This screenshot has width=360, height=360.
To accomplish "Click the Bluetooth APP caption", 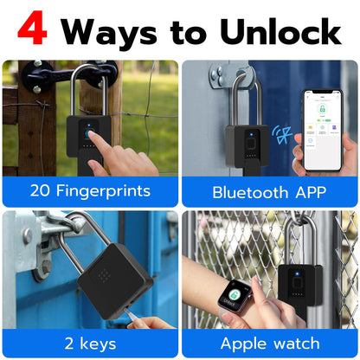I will point(269,191).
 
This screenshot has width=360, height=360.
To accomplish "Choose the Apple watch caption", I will point(268,343).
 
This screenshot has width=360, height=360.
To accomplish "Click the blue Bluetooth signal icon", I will point(280,135).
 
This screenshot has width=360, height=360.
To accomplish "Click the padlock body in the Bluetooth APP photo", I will point(247,146).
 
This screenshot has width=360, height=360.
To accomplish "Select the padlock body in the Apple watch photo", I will point(299,285).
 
